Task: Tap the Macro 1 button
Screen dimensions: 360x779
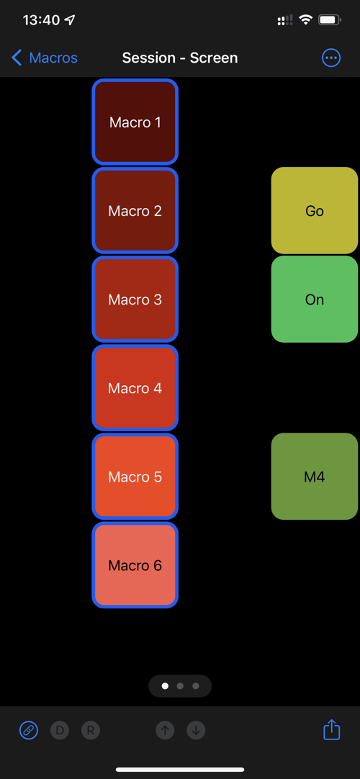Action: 135,122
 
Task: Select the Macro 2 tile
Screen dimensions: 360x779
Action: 135,211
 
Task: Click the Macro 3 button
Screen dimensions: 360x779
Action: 135,300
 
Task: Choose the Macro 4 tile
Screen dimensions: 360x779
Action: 135,388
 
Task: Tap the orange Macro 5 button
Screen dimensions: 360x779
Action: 135,477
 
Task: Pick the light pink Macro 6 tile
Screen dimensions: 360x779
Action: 135,565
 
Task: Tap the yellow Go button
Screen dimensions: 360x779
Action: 315,211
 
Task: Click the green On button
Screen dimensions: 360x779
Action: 315,300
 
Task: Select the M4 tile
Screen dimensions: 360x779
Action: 315,477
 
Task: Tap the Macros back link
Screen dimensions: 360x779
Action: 44,58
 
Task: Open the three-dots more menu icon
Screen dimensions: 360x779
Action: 331,58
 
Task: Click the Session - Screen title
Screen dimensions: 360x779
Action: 180,58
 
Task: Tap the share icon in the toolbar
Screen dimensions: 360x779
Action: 331,729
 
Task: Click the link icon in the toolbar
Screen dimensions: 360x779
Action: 29,730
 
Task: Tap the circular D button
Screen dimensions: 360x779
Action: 60,730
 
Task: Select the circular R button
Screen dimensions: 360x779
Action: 91,730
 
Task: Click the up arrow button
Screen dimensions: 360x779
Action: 166,730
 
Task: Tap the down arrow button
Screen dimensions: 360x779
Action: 196,730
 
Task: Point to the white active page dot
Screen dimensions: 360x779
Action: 165,686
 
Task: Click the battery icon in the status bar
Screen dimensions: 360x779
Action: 329,20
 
